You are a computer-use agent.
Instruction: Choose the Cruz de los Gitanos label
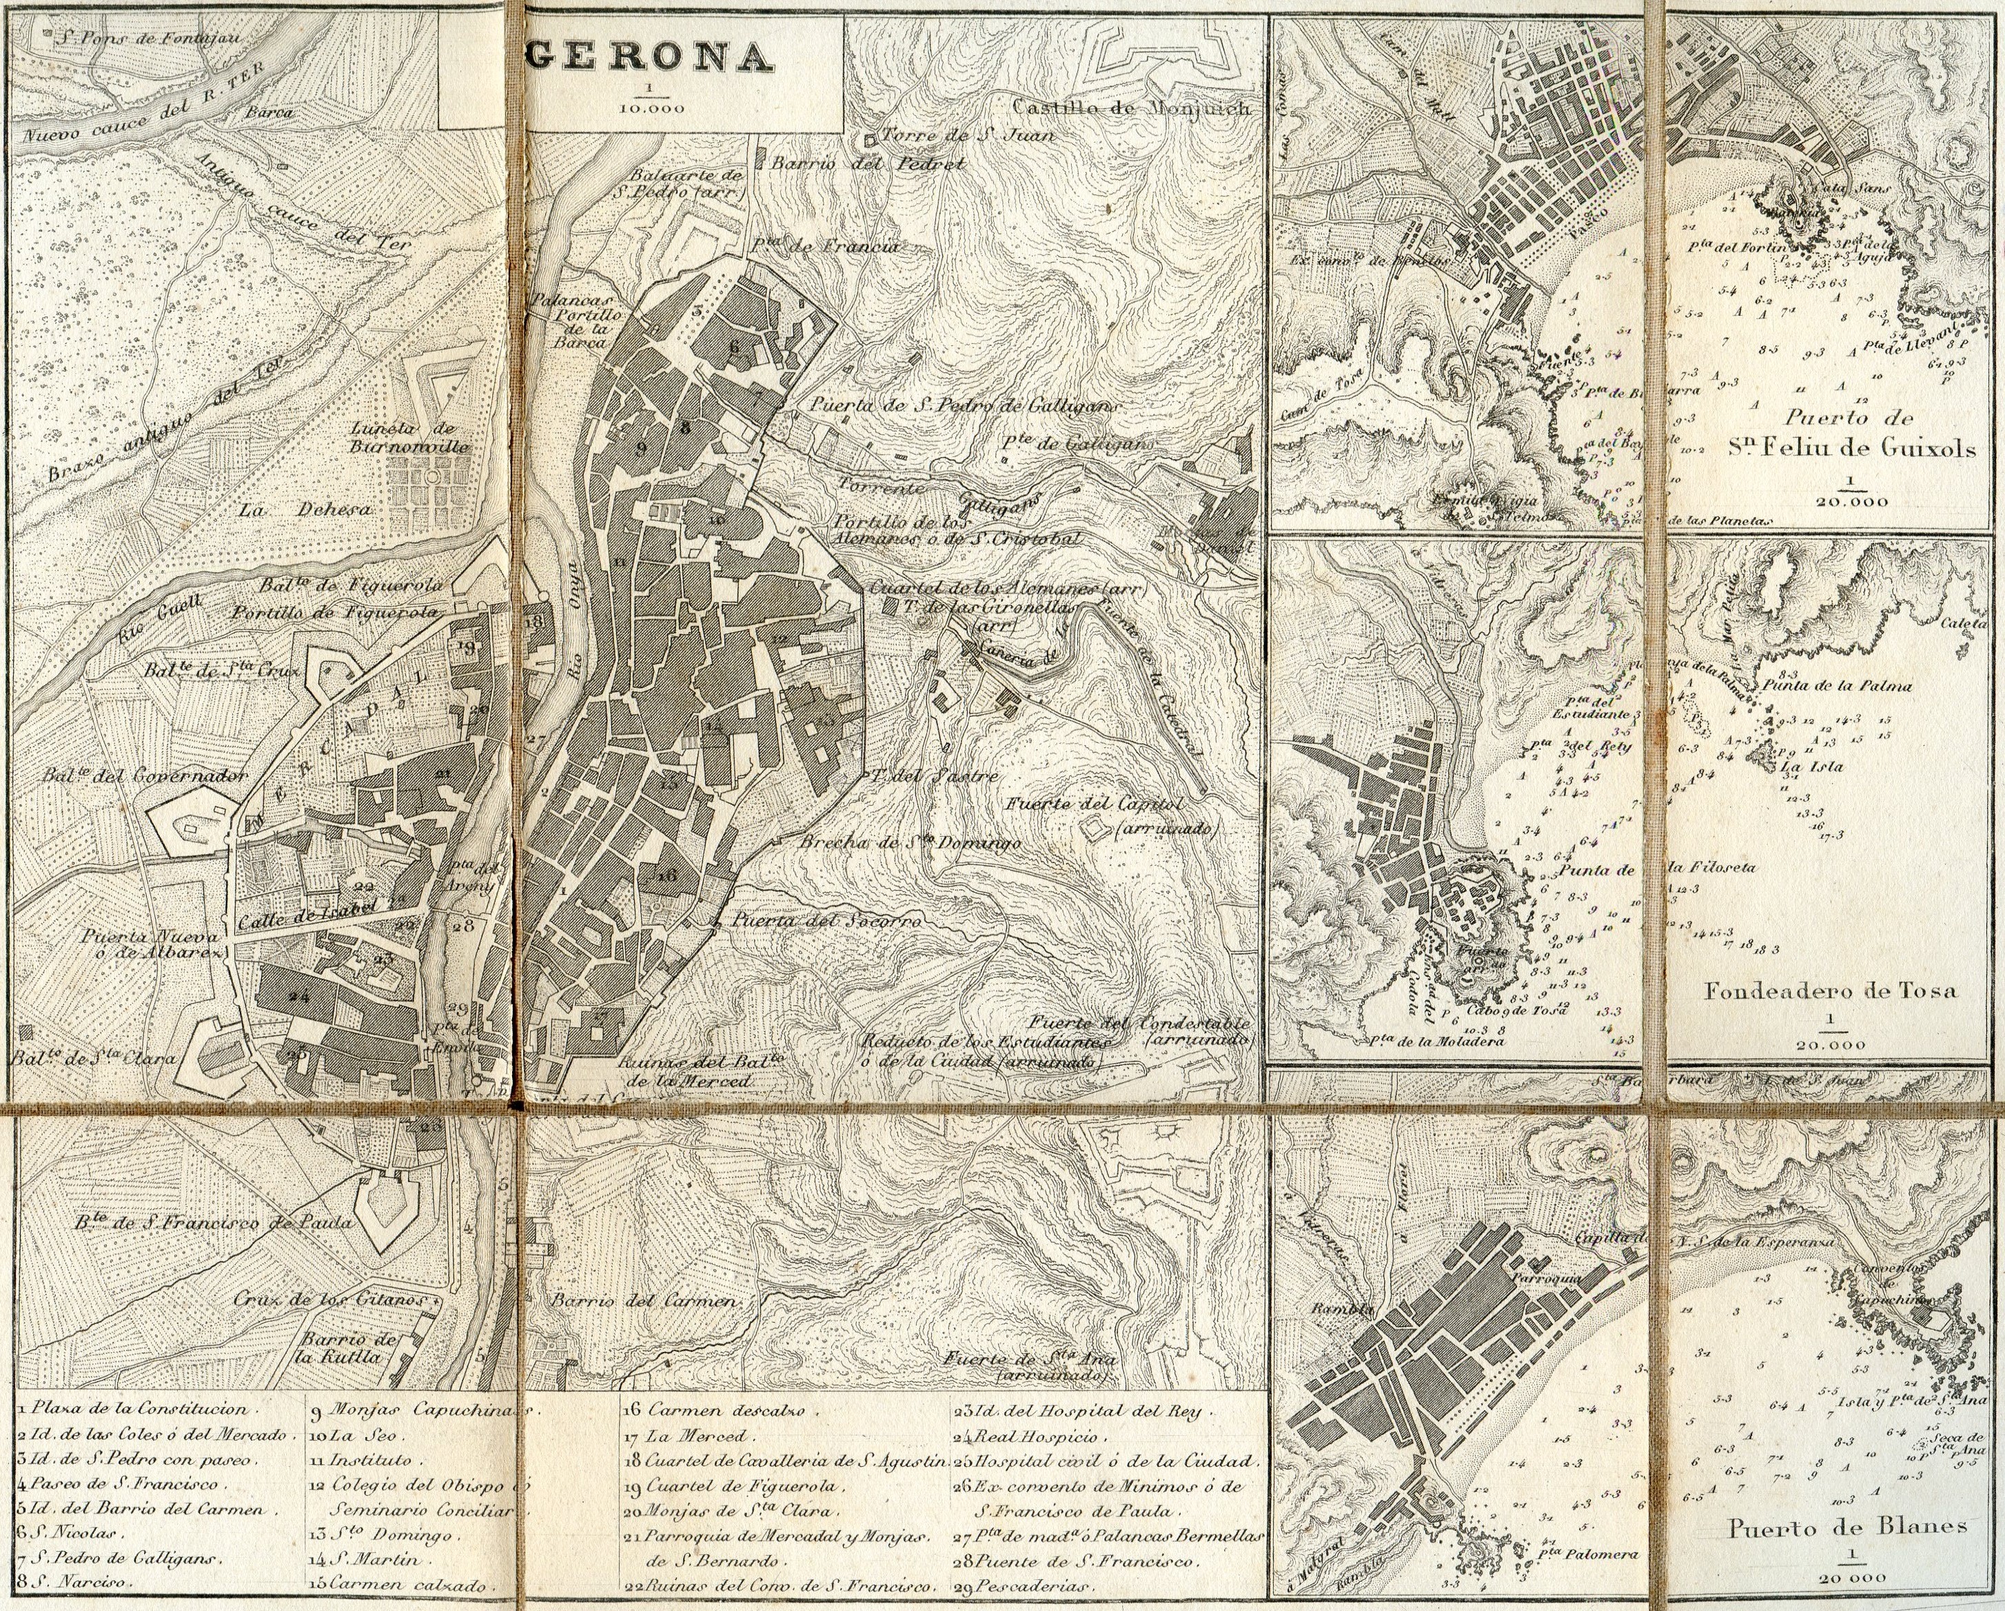[x=329, y=1299]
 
